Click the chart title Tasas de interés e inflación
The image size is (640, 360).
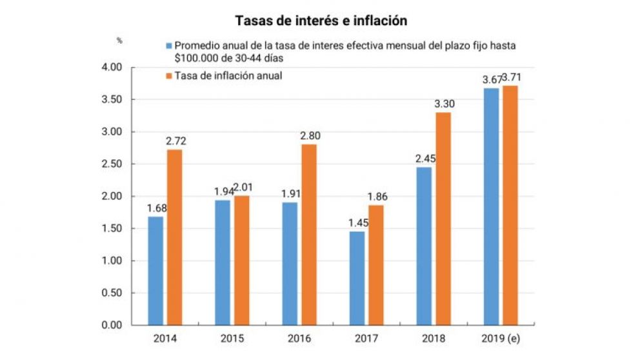[321, 21]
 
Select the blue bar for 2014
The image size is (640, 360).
[155, 271]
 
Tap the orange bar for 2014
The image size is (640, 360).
[174, 237]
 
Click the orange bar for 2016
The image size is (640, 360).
[308, 235]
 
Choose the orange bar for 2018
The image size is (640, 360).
[443, 219]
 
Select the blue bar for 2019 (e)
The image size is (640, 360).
[492, 206]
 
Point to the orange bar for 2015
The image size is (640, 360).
[241, 260]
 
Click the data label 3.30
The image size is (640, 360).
[443, 103]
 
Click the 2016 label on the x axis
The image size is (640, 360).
[299, 337]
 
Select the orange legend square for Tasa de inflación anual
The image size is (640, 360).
[169, 76]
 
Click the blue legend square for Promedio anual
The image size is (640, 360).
[169, 46]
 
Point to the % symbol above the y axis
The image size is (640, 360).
[119, 40]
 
